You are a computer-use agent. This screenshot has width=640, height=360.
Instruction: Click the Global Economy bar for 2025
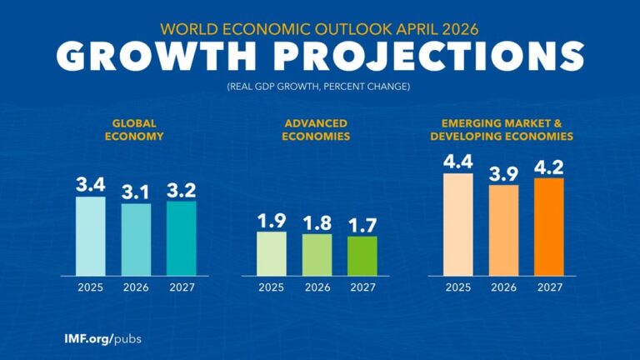[91, 236]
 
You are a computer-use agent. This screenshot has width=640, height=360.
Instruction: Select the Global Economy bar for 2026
[136, 239]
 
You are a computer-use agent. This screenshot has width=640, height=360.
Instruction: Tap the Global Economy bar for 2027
[181, 238]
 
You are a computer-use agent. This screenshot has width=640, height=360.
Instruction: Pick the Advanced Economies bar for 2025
[271, 253]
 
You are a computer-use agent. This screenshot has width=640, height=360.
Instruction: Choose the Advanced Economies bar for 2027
[362, 256]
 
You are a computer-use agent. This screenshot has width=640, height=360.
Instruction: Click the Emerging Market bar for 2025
[457, 224]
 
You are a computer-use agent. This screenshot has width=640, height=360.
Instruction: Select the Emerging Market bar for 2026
[503, 230]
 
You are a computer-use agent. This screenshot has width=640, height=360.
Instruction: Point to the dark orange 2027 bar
[548, 227]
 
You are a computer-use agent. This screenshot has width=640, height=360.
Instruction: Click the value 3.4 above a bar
[91, 183]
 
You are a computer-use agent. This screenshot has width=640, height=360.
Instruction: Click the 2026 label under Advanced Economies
[317, 288]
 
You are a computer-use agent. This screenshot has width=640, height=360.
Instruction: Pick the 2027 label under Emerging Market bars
[548, 288]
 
